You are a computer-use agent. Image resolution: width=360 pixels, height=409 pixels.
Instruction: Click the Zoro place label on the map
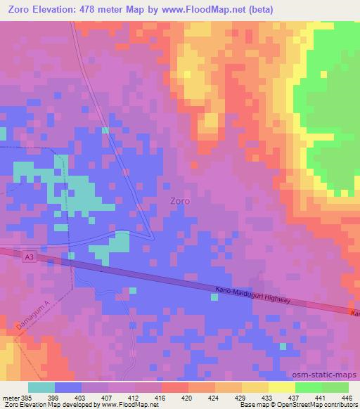[180, 200]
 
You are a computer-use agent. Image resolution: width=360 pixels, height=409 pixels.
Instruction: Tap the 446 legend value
[346, 397]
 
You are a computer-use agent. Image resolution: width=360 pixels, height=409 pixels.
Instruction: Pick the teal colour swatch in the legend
[41, 387]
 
